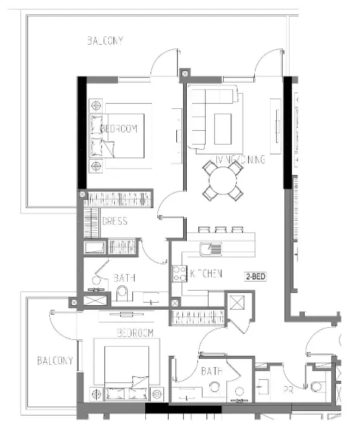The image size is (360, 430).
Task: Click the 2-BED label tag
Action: tap(254, 277)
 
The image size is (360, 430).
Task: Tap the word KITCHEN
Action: tap(206, 273)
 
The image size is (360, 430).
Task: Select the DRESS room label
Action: tap(114, 222)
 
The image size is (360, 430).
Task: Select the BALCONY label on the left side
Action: tap(54, 361)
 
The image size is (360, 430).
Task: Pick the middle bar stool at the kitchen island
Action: tap(221, 230)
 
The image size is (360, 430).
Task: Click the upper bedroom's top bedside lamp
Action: tap(95, 107)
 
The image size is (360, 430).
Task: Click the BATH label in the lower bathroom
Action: tap(212, 372)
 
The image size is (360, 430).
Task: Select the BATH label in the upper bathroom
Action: tap(124, 278)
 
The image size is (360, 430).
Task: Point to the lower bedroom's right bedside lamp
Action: tap(157, 394)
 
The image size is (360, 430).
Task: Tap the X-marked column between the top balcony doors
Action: tap(186, 74)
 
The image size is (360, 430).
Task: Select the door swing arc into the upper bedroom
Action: tap(171, 203)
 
